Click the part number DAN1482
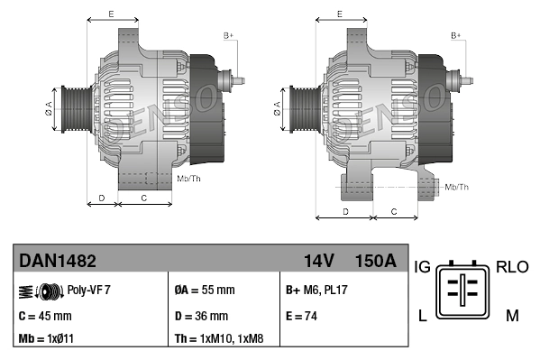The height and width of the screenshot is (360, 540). (58, 262)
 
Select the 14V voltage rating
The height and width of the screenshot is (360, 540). (318, 262)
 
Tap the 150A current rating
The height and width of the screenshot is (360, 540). (376, 262)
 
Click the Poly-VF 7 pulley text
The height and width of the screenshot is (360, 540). (89, 291)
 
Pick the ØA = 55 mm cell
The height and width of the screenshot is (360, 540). (204, 291)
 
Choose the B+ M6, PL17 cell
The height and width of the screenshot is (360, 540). (318, 291)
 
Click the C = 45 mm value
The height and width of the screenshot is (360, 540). (46, 316)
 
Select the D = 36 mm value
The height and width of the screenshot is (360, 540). (201, 316)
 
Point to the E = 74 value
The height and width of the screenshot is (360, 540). (302, 316)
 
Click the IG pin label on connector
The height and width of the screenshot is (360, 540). (422, 267)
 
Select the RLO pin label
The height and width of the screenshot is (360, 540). (511, 267)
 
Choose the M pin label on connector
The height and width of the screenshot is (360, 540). (511, 314)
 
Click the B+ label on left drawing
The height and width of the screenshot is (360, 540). (228, 35)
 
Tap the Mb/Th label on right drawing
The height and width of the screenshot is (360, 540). (458, 187)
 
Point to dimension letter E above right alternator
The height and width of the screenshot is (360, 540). (338, 14)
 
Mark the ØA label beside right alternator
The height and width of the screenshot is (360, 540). (276, 109)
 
